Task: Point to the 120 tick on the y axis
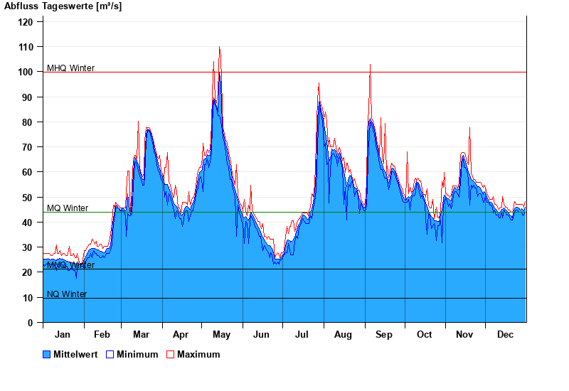coord(26,22)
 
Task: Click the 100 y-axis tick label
coord(26,72)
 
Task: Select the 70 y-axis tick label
coord(28,147)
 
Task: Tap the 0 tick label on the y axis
coord(31,323)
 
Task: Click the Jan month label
coord(63,334)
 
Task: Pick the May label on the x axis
coord(221,334)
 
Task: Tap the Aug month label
coord(343,334)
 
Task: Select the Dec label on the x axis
coord(505,334)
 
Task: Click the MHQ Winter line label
coord(70,68)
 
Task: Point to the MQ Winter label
coord(68,208)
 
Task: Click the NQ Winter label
coord(67,294)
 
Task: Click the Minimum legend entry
coord(137,354)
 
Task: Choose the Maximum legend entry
coord(198,354)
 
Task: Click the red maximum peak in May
coord(219,48)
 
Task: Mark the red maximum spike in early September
coord(370,65)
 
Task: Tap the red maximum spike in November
coord(469,128)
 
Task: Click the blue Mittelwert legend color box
coord(47,354)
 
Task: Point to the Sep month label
coord(384,334)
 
